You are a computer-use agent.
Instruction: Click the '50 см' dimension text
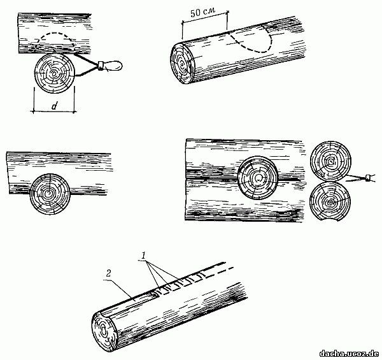click(202, 13)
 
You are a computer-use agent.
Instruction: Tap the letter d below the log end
click(54, 106)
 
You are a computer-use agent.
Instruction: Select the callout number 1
click(144, 256)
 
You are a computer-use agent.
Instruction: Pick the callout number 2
click(108, 273)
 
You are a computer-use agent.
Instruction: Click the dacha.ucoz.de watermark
click(350, 353)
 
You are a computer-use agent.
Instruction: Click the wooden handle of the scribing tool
click(113, 65)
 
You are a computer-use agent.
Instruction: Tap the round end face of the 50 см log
click(182, 64)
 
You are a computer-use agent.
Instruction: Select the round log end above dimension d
click(54, 73)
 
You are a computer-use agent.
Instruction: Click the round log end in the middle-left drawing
click(50, 194)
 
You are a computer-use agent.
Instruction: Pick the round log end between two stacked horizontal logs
click(257, 177)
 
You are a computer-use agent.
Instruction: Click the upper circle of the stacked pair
click(330, 161)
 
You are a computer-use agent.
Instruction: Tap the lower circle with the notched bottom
click(330, 202)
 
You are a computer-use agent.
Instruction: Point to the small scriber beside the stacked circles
click(361, 178)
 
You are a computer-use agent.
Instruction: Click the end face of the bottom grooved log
click(105, 331)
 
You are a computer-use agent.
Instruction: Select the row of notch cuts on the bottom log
click(180, 282)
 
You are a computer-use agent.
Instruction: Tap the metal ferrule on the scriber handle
click(101, 66)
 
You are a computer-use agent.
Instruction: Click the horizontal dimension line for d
click(53, 112)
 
